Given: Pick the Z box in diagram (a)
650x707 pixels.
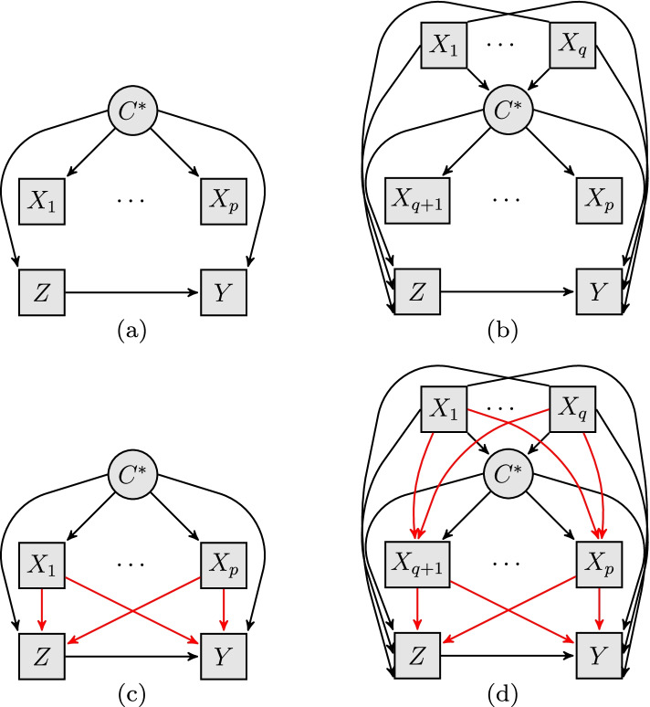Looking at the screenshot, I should pyautogui.click(x=41, y=293).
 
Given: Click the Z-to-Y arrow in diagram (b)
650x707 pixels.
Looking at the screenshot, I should pyautogui.click(x=507, y=293).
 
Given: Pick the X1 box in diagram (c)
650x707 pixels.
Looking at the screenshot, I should pyautogui.click(x=41, y=567).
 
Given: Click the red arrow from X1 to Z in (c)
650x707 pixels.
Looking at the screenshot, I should pyautogui.click(x=41, y=613).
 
